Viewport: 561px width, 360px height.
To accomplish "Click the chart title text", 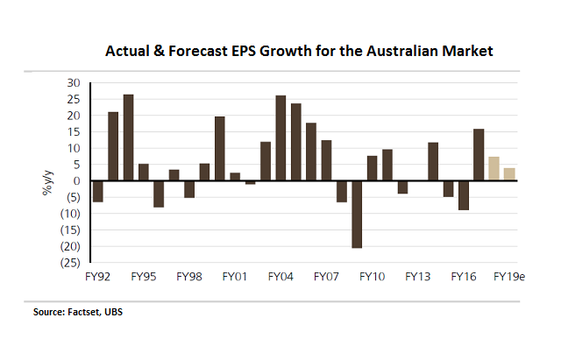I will tap(300, 51).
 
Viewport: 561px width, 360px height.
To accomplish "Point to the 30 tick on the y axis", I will tap(73, 82).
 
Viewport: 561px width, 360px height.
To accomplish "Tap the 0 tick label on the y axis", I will tap(76, 180).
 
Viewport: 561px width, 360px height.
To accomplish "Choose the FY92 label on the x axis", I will tap(97, 277).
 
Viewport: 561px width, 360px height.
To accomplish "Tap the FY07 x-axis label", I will tap(326, 277).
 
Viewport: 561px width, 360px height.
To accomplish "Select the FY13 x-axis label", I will tap(418, 277).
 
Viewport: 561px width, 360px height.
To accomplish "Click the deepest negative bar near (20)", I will tap(357, 215).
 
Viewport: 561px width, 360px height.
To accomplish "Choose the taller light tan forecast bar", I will tap(494, 168).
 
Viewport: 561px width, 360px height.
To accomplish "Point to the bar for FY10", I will tap(372, 168).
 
